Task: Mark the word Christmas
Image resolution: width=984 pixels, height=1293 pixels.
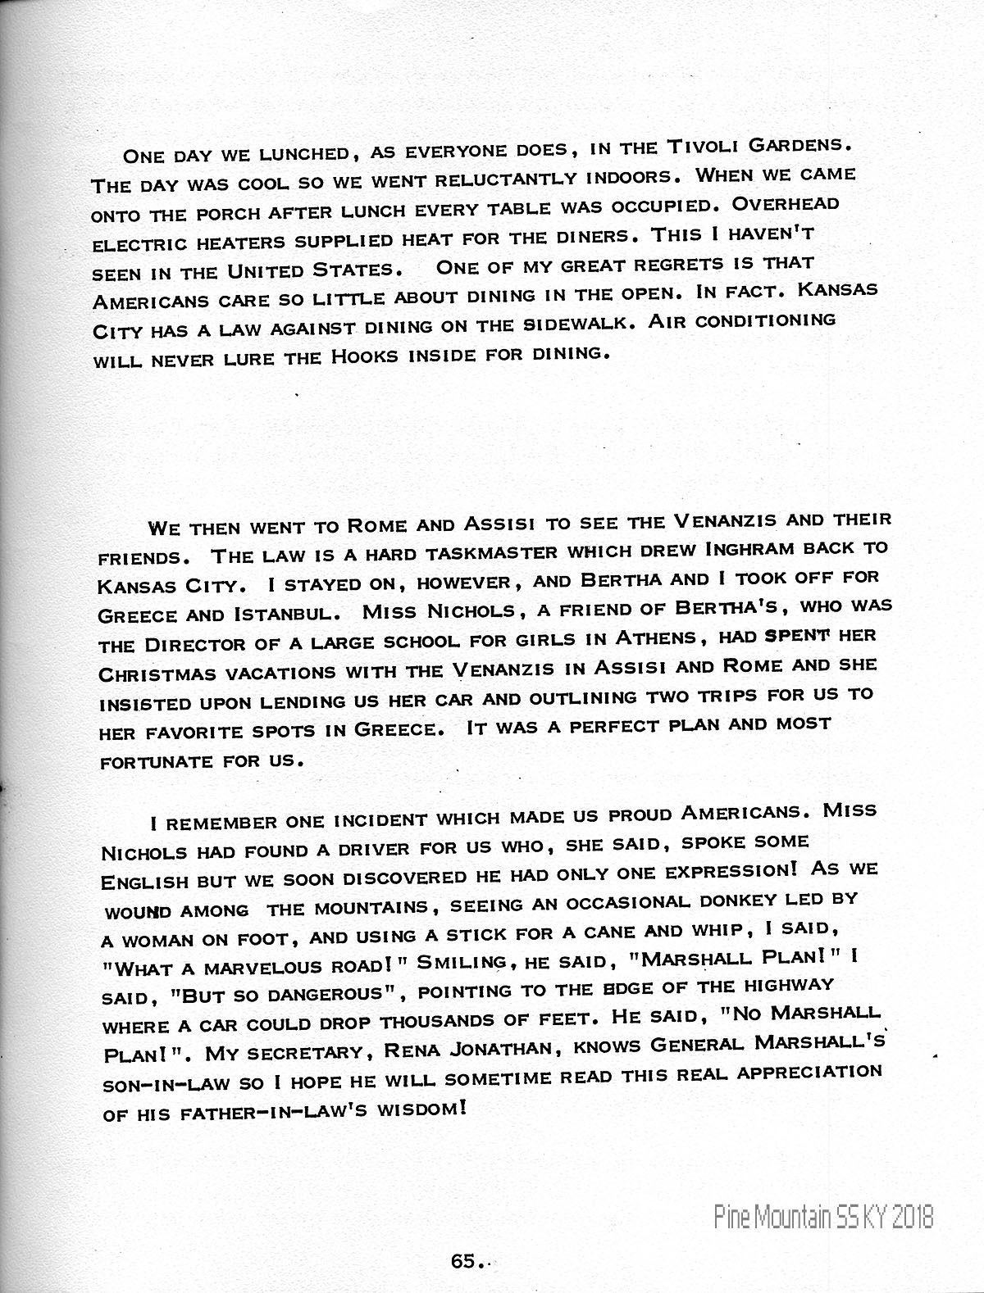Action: point(148,674)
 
